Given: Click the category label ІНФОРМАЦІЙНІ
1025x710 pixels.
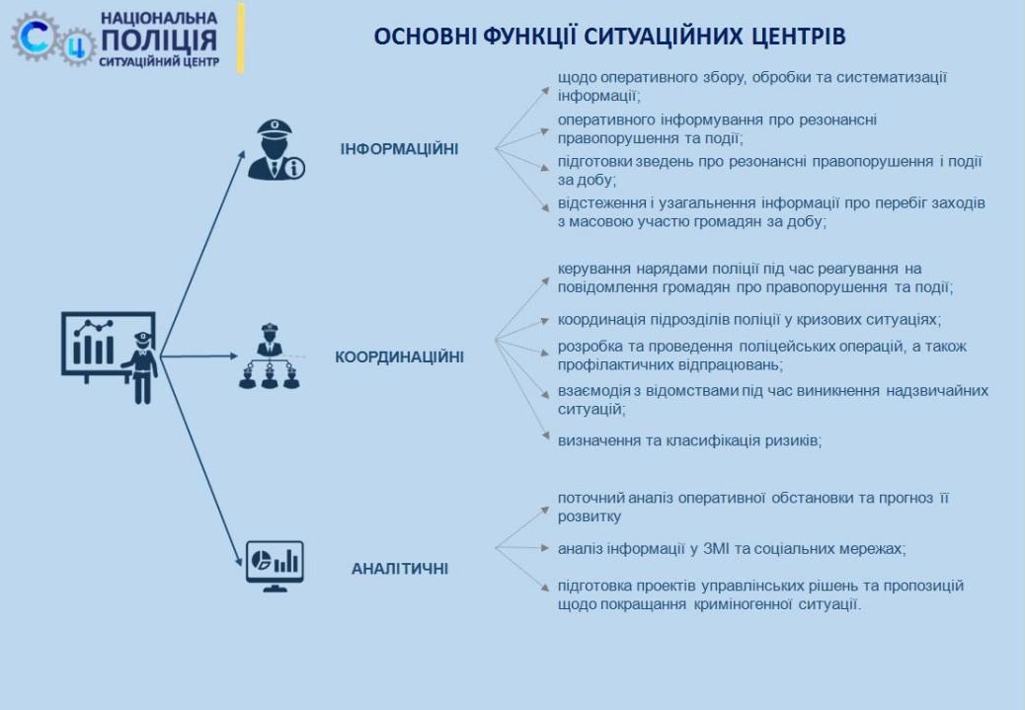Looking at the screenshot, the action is (x=399, y=149).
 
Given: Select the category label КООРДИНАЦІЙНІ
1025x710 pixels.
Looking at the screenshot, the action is (x=399, y=356).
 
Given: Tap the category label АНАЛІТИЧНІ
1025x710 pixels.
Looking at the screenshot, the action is (x=399, y=569).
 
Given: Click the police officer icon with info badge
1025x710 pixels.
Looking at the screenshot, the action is (x=276, y=150).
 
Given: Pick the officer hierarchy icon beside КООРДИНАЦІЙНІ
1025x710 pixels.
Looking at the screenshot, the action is (x=270, y=356).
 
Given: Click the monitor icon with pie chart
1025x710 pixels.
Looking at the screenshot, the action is (x=275, y=566).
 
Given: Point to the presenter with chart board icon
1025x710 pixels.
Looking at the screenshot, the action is (x=110, y=356).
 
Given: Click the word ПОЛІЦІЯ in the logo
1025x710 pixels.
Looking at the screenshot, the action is (x=159, y=39).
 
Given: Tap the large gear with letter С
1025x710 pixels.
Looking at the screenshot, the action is (x=34, y=37).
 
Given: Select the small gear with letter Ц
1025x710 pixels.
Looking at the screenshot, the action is (x=78, y=46).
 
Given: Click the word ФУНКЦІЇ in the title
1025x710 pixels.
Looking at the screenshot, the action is (x=530, y=36).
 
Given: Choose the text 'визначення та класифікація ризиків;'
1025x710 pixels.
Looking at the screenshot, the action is (x=689, y=440).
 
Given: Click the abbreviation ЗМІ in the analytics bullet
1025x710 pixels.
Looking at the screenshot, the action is (x=716, y=548).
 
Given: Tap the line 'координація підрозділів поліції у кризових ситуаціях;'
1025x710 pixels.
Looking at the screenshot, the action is (x=749, y=320).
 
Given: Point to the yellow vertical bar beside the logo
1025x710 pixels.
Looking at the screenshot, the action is (x=241, y=39).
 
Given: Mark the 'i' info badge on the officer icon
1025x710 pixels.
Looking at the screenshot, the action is (x=294, y=169).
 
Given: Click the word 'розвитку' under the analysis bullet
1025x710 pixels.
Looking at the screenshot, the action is (x=589, y=516).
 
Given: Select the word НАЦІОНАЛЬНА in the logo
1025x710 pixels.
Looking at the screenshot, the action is (x=159, y=17).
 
